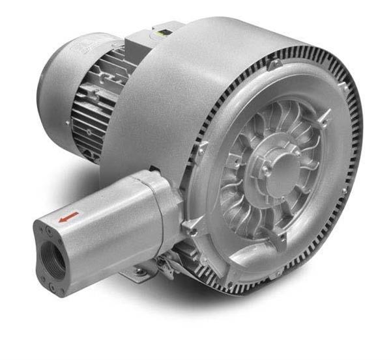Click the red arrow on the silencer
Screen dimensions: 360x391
68,216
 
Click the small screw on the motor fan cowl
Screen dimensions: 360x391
67,122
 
